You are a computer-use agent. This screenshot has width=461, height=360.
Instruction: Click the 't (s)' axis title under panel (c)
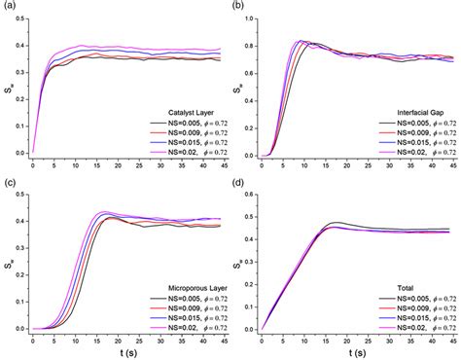point(126,352)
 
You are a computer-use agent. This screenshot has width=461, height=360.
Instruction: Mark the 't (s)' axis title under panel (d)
point(356,352)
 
